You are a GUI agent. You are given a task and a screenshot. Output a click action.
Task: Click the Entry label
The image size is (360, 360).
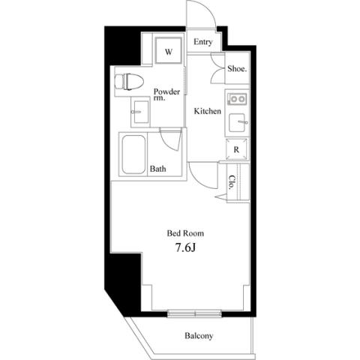[203, 42]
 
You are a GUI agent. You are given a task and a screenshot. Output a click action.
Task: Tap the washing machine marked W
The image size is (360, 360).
[168, 51]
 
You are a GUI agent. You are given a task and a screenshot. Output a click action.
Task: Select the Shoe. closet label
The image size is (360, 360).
[237, 69]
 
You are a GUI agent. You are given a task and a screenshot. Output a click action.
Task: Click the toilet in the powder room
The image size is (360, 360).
[129, 82]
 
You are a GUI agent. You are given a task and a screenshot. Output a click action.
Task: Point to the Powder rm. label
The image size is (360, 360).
[166, 94]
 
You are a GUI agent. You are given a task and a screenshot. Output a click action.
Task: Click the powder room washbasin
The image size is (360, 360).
[141, 112]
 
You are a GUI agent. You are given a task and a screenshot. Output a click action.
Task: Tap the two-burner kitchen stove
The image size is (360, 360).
[237, 99]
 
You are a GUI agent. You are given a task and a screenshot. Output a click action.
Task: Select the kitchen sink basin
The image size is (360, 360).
[237, 122]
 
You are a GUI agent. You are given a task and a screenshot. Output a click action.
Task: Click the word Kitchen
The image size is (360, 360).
[208, 111]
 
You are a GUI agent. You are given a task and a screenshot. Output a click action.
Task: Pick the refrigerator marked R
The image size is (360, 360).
[236, 149]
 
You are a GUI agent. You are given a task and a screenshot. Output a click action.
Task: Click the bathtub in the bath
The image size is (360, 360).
[133, 154]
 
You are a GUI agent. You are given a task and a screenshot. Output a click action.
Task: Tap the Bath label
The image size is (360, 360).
[157, 169]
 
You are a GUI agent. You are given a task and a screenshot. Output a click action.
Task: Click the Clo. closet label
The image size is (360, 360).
[232, 182]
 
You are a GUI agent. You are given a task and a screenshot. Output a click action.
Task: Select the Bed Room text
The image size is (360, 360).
[185, 233]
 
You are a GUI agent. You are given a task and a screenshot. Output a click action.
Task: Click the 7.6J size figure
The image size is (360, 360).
[185, 247]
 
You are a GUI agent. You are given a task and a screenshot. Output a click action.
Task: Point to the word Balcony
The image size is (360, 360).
[199, 336]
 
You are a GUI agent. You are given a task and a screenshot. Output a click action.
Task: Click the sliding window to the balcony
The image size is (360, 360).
[194, 313]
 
